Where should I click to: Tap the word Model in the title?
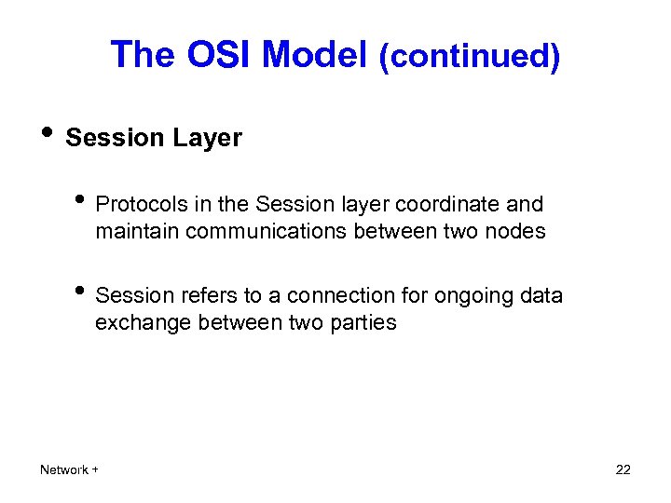(x=316, y=56)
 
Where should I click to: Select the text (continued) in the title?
(x=470, y=57)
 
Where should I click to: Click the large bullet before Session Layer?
(x=48, y=135)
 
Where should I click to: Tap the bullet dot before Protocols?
(x=84, y=202)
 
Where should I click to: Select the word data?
(x=542, y=296)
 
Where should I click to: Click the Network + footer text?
(x=70, y=470)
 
